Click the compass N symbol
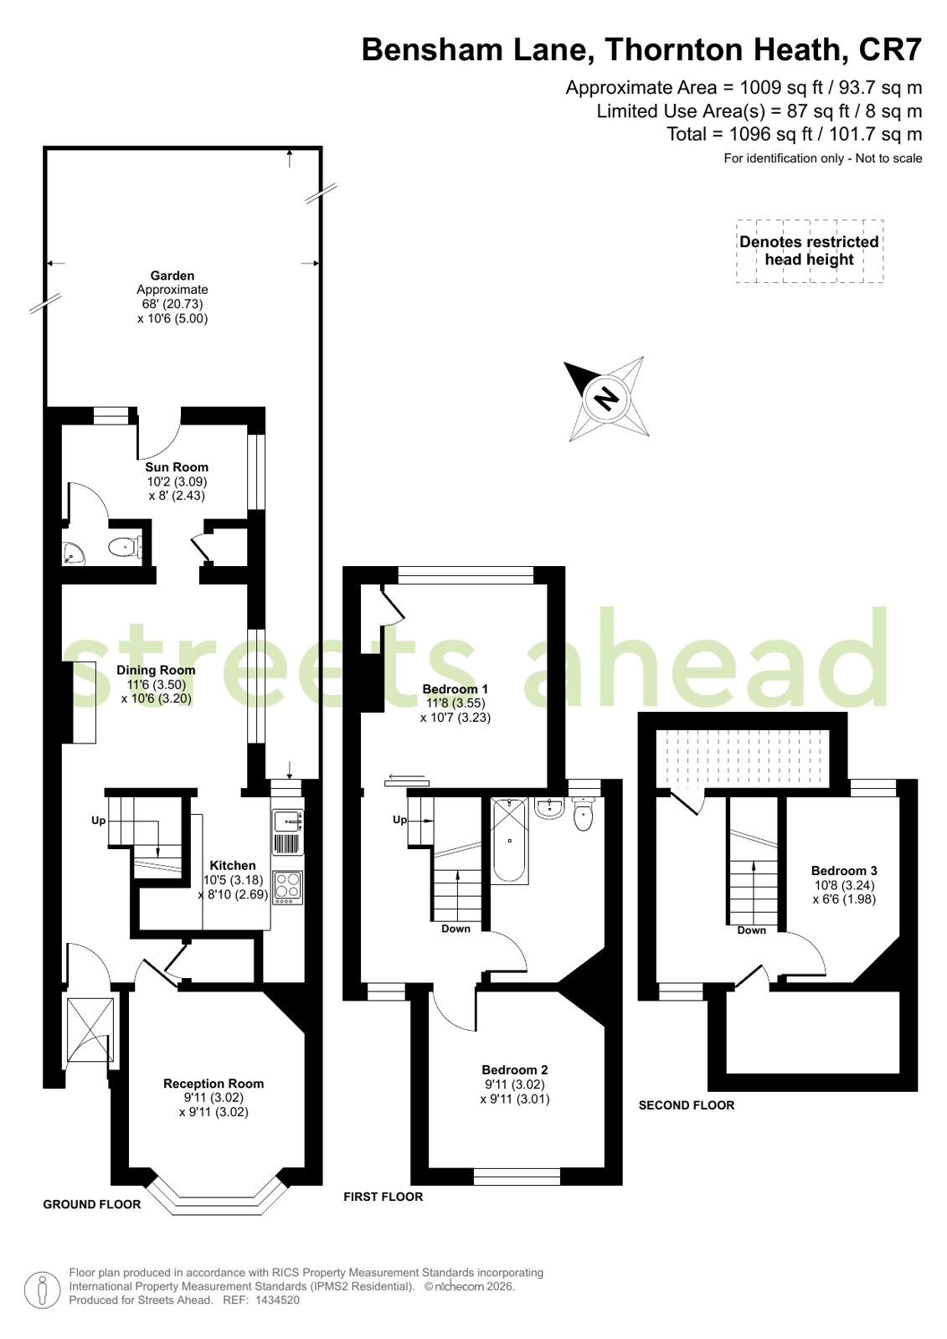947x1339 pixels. coord(605,398)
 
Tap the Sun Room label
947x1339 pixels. coord(177,467)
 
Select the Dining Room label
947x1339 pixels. coord(156,670)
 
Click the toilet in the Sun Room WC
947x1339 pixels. coord(125,548)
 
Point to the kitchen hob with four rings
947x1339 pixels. coord(287,887)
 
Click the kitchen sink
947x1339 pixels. coord(287,821)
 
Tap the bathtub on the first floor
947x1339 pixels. coord(510,842)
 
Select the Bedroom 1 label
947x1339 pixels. coord(455,689)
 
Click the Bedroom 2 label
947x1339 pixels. coord(515,1069)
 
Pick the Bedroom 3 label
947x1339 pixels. coord(844,871)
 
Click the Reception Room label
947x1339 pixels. coord(214,1084)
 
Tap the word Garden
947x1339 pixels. coord(172,276)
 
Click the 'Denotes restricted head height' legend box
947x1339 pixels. coord(809,250)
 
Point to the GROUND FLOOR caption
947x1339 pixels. coord(92,1204)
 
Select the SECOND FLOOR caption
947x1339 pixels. coord(687,1105)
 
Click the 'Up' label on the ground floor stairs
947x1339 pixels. coord(99,821)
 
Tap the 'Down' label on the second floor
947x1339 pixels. coord(751,930)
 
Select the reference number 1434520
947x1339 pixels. coord(277,1300)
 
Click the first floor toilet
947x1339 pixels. coord(584,815)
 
